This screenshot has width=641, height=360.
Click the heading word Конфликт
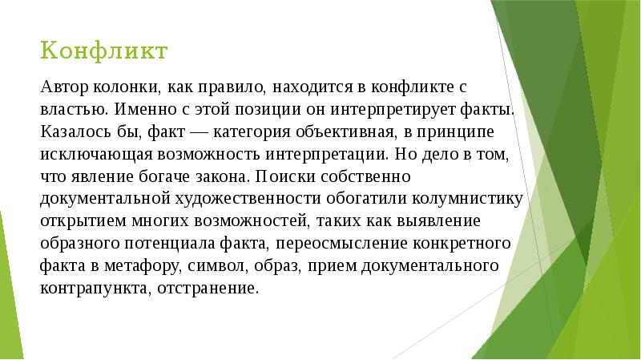click(x=104, y=51)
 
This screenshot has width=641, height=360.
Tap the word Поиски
click(x=280, y=174)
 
